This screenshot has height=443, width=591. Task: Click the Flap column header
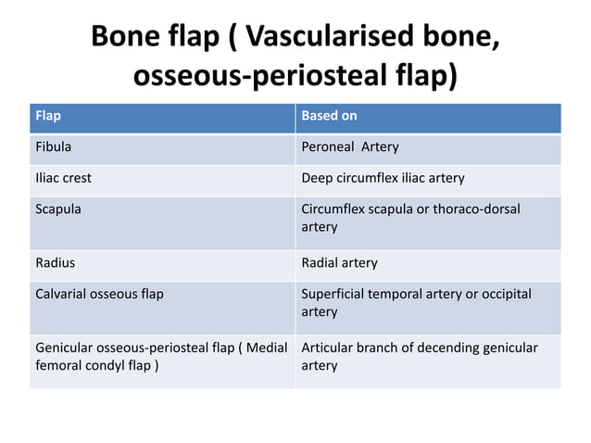click(x=47, y=116)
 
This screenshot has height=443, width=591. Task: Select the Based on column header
click(x=329, y=116)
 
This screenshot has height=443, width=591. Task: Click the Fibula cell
click(x=53, y=146)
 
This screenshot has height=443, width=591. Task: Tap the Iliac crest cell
click(x=63, y=177)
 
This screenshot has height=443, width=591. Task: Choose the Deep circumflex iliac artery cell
click(x=383, y=177)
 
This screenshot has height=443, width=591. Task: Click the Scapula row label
click(x=57, y=209)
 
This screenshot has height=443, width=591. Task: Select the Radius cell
click(x=55, y=262)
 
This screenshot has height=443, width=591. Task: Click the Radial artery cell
click(x=339, y=262)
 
